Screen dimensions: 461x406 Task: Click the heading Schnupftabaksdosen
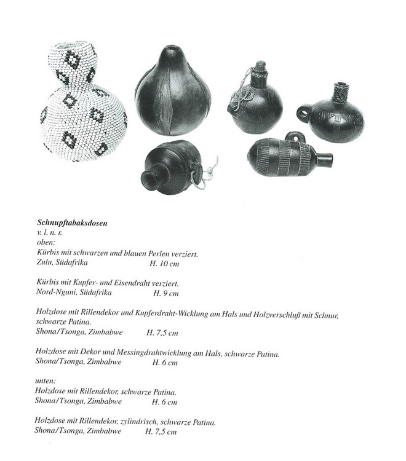[72, 223]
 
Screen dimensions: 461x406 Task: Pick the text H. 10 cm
[164, 262]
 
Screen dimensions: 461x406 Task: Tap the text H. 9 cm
[161, 293]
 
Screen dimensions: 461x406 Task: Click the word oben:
[47, 243]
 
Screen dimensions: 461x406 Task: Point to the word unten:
[48, 382]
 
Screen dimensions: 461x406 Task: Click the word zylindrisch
[145, 422]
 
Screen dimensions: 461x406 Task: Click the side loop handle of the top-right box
[303, 114]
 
